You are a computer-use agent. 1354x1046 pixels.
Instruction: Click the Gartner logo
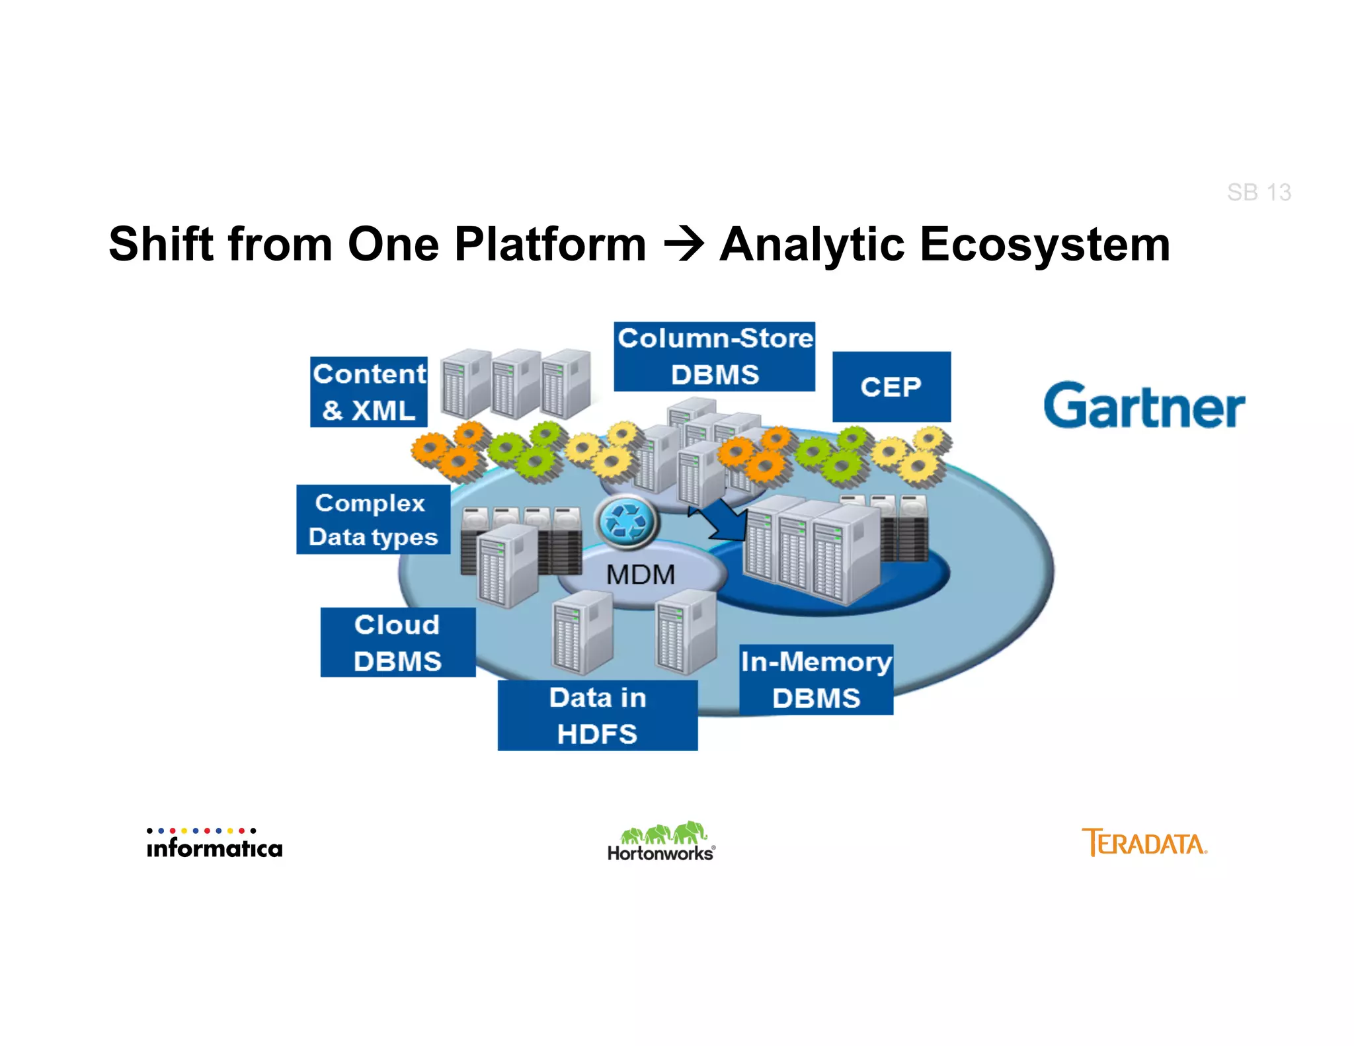(1144, 405)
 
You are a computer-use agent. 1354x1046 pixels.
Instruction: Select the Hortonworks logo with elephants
(662, 842)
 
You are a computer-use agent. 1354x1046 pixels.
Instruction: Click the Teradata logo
(1144, 843)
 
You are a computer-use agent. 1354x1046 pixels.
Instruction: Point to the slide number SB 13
(1258, 192)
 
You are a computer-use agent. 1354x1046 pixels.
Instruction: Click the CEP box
(891, 387)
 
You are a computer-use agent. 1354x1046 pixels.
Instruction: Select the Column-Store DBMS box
(714, 357)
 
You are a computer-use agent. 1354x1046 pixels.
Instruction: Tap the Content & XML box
(369, 392)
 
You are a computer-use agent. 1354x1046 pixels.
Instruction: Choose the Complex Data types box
(373, 520)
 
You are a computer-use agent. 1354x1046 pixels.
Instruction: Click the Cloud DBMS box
(397, 643)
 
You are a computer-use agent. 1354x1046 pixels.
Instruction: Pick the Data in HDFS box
(597, 715)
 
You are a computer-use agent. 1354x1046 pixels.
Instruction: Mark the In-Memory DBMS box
(816, 680)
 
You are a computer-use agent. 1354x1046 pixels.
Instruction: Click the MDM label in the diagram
(640, 575)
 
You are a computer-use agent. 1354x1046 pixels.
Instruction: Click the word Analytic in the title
(811, 245)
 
